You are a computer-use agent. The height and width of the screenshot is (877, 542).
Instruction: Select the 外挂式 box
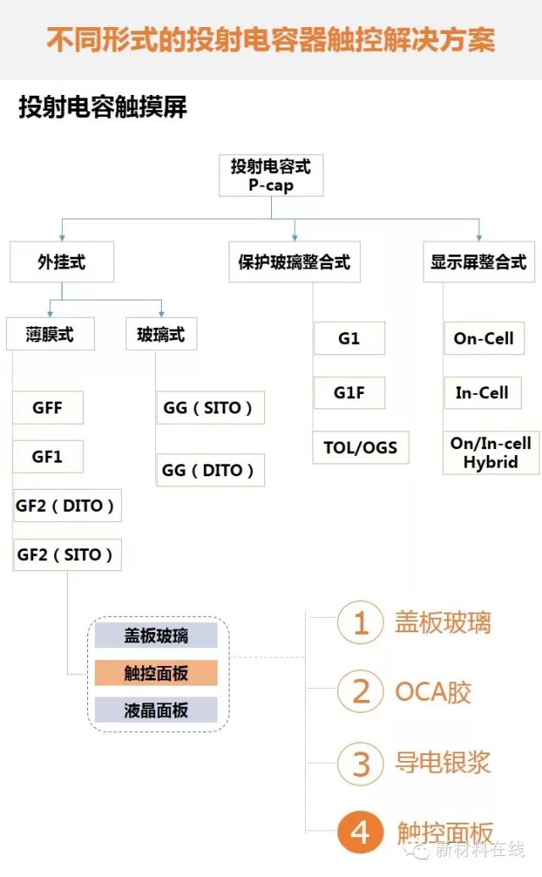tap(62, 262)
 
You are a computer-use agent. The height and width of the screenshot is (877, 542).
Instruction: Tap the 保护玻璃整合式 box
tap(294, 262)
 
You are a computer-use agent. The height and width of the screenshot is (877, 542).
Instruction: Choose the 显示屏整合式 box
tap(478, 262)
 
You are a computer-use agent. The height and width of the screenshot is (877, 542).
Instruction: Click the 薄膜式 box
tap(50, 335)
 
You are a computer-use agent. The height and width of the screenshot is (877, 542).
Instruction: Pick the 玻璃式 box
tap(161, 335)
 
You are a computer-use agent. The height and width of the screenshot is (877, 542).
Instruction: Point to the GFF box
tap(48, 408)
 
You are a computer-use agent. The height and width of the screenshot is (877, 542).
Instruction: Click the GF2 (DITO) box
tap(65, 506)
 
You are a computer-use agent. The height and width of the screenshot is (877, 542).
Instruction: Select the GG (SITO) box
tap(208, 408)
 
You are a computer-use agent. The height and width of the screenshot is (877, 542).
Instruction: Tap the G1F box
tap(349, 392)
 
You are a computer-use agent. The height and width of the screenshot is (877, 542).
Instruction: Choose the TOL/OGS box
tap(360, 447)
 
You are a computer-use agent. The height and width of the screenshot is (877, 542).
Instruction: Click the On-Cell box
tap(484, 339)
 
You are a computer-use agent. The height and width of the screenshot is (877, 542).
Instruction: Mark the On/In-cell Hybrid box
tap(490, 452)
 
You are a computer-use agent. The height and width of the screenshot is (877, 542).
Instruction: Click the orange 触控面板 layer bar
tap(156, 673)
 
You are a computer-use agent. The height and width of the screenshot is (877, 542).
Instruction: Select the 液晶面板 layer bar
tap(156, 710)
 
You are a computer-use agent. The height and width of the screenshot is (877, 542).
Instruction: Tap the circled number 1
tap(361, 623)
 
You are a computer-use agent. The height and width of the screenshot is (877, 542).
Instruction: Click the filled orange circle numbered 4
tap(361, 833)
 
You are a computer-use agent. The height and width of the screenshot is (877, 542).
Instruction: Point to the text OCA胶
tap(432, 692)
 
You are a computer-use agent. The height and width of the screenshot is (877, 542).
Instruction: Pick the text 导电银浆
tap(442, 763)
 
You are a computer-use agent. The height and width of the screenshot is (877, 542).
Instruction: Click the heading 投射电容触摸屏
tap(102, 108)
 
